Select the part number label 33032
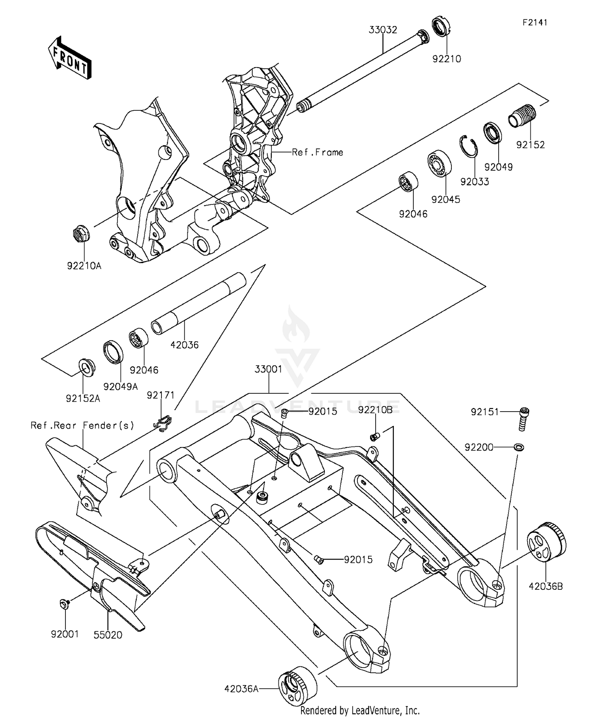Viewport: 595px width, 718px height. click(383, 30)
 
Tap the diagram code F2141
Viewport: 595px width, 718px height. click(534, 23)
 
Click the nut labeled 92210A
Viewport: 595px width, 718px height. click(82, 234)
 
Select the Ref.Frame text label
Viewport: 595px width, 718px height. click(317, 152)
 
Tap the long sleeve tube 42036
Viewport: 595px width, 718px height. click(198, 304)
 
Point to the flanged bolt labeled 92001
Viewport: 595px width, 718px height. click(64, 604)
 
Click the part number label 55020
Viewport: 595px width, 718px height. click(108, 635)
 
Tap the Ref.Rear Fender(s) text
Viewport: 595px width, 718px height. click(83, 425)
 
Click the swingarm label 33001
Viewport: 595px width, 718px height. click(269, 369)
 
